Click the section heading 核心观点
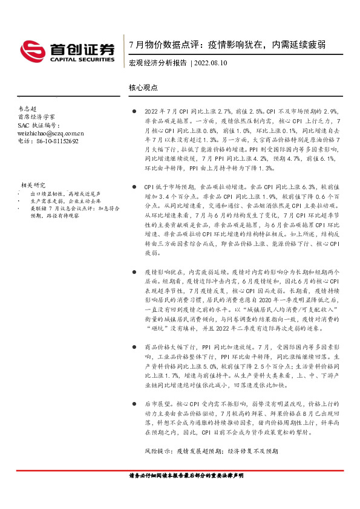click(143, 87)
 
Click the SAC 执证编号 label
click(37, 125)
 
